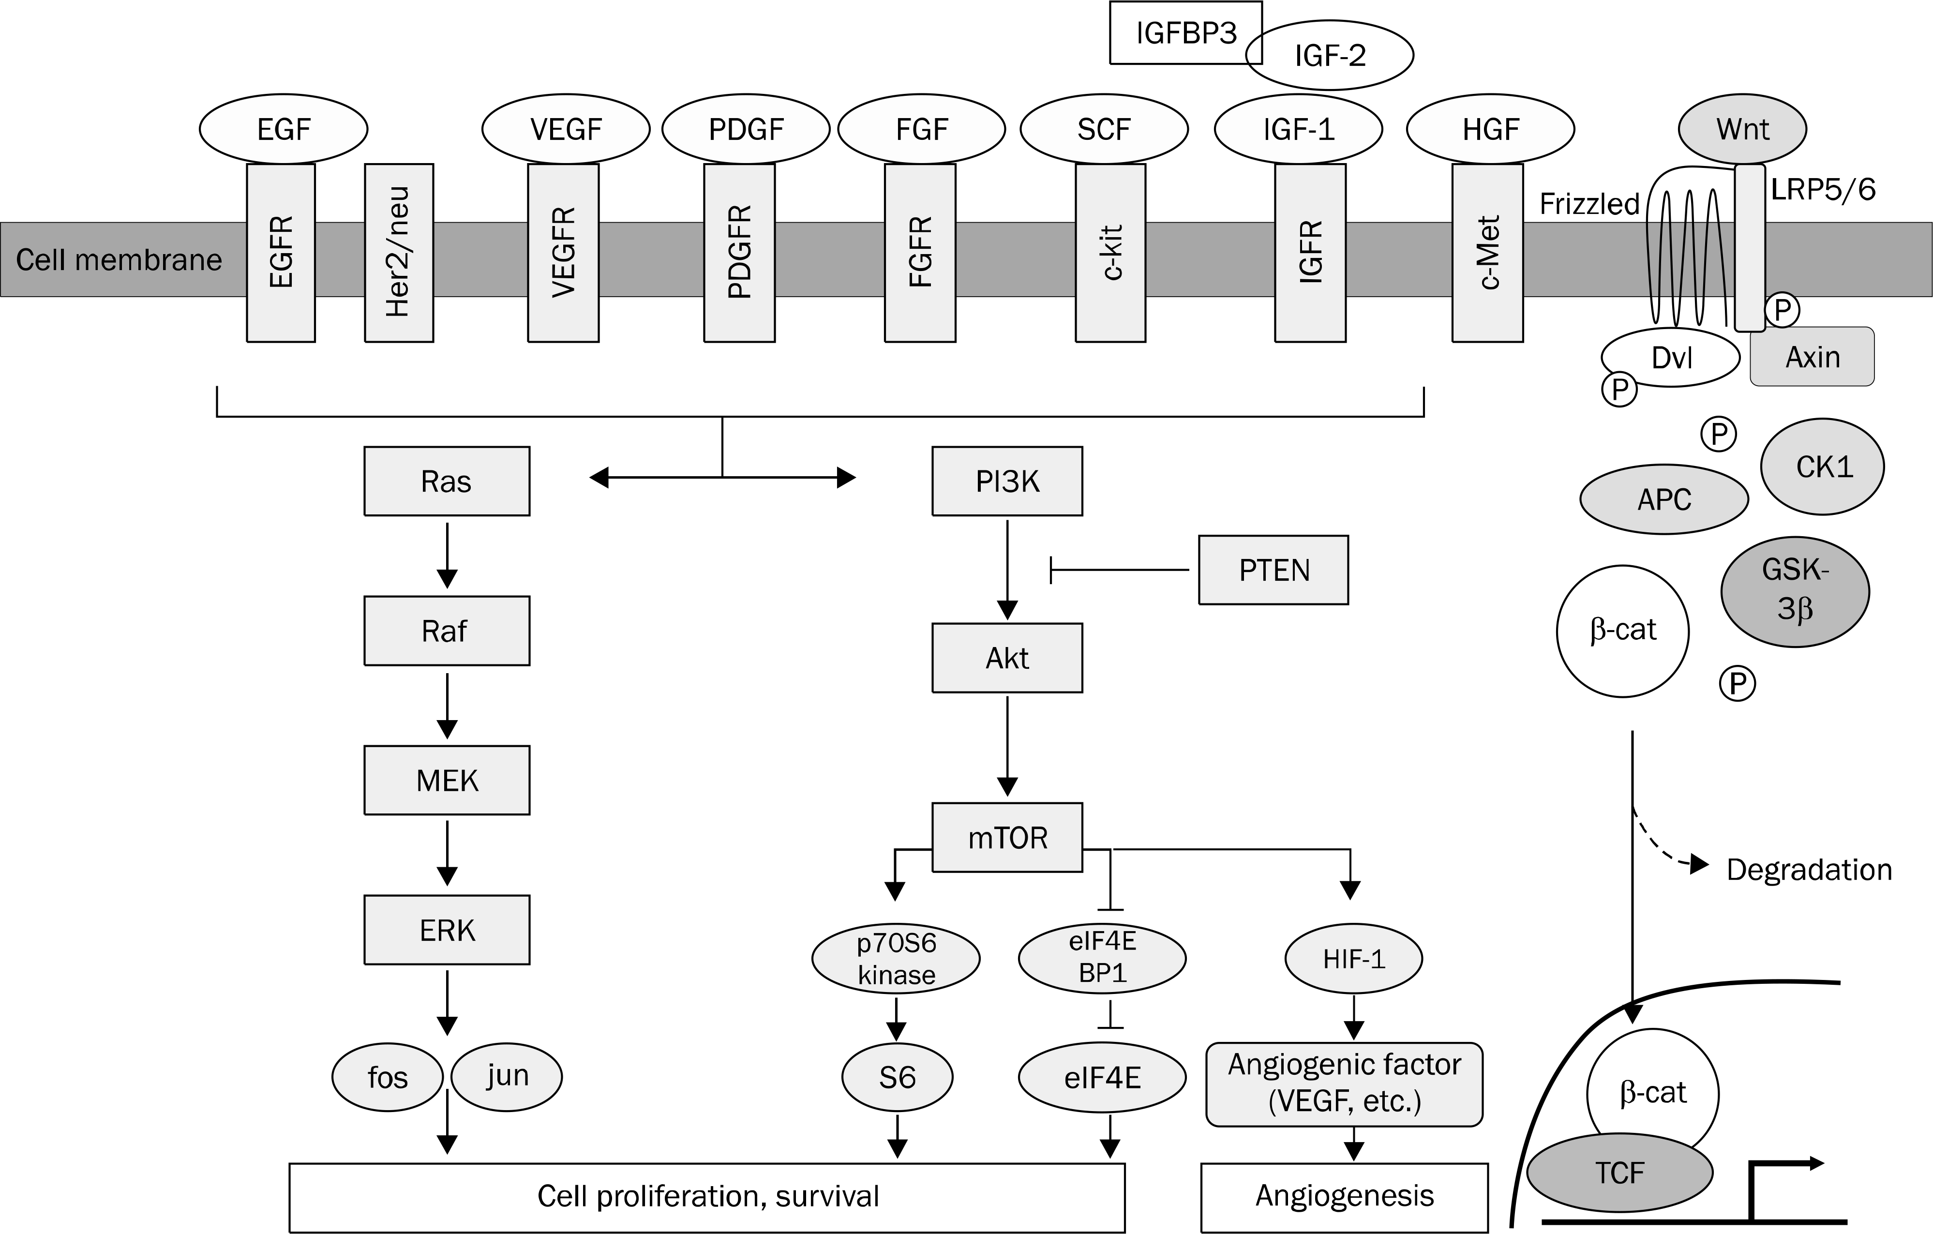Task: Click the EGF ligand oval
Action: (284, 128)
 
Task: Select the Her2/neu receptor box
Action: (399, 253)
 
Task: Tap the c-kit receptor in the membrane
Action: (1110, 253)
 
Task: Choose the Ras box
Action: (446, 481)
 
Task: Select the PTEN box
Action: (1273, 570)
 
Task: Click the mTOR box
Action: (1006, 837)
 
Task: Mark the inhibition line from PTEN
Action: (1120, 570)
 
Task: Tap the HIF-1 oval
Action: (1353, 959)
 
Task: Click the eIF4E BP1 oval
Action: (1102, 958)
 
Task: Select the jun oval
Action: (507, 1076)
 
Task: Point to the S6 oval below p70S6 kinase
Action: (897, 1077)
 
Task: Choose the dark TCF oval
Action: (1619, 1173)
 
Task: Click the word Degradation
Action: (1809, 870)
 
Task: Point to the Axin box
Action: (1812, 357)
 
